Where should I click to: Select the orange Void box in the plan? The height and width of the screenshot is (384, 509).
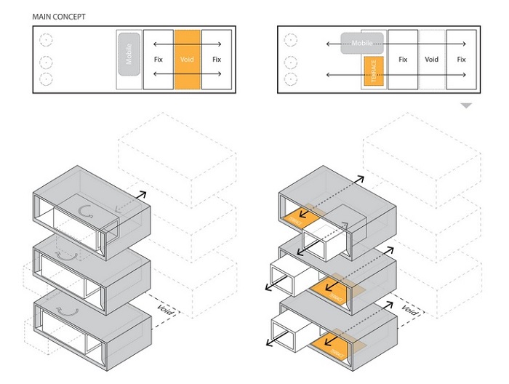187,60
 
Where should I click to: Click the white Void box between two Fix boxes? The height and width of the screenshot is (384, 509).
432,60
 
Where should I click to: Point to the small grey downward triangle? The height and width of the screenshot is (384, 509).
466,106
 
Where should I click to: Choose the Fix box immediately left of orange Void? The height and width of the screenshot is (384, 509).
158,60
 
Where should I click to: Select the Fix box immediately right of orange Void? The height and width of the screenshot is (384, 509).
216,60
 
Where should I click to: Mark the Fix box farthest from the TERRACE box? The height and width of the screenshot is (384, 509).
461,60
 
